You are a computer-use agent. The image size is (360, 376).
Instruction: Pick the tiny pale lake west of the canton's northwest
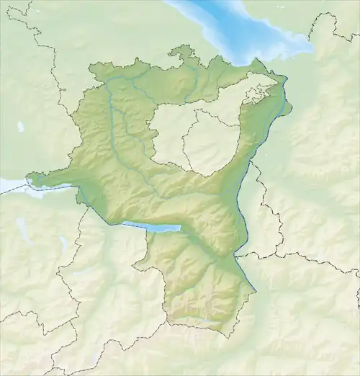[x=21, y=127]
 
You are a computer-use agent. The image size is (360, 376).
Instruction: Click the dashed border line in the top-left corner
[x=29, y=29]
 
